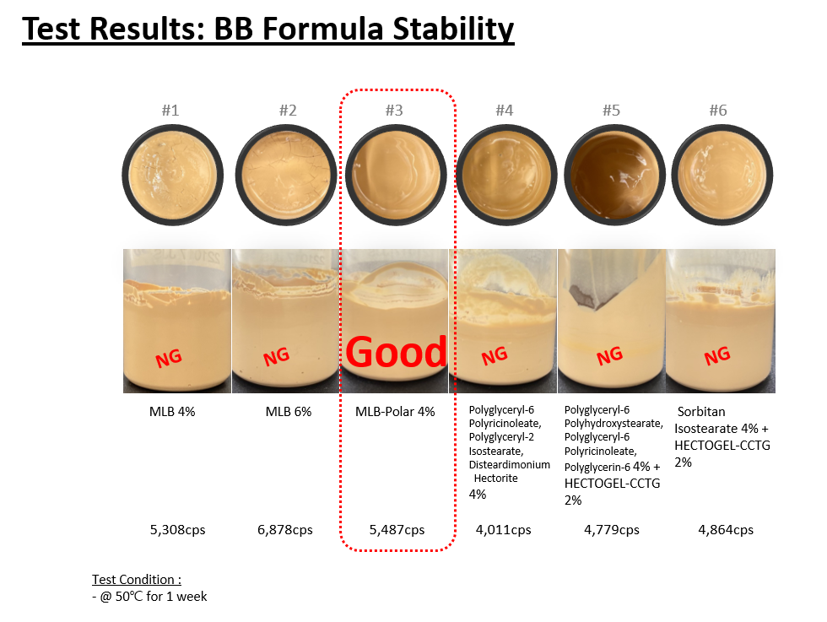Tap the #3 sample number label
(394, 111)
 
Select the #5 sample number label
(611, 111)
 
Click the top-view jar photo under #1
(172, 176)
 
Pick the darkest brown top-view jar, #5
(615, 176)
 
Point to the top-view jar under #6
(722, 176)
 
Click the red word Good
(396, 352)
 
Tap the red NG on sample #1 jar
(169, 358)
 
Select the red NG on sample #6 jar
(717, 356)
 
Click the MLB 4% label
(172, 412)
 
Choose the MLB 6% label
(289, 412)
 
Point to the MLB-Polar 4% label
(395, 412)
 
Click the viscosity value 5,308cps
(178, 530)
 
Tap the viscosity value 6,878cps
(285, 530)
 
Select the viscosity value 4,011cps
(503, 530)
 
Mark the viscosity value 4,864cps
(726, 530)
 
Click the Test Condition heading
(137, 579)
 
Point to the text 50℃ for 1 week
(161, 596)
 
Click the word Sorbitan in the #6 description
(701, 412)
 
